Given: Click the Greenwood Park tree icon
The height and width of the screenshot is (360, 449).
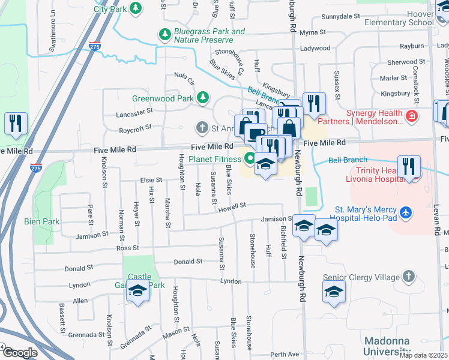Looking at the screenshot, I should [203, 97].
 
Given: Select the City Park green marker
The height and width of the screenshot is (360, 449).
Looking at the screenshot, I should [136, 8].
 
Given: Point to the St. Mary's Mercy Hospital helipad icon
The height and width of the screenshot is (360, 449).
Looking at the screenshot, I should [407, 213].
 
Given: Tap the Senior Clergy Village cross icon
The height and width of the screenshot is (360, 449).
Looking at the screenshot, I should [409, 277].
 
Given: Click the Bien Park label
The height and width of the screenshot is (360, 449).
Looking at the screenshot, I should [42, 221].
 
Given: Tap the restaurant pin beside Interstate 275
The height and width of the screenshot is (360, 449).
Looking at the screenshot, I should [15, 124].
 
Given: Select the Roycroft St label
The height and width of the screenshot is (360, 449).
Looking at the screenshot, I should [135, 128].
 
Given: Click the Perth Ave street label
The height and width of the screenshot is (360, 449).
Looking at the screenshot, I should [285, 355].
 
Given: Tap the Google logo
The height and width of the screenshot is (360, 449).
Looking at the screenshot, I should [20, 353].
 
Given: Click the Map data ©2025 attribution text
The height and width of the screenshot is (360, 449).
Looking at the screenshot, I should [424, 355].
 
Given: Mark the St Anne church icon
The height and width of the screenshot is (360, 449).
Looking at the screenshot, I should [202, 127].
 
